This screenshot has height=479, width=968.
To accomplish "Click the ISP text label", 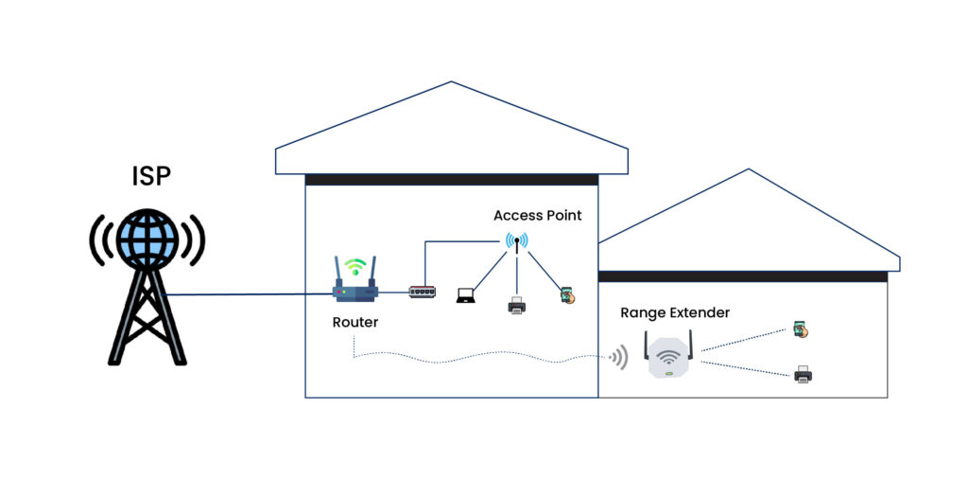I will tap(150, 176).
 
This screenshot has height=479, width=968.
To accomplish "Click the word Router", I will tap(355, 322).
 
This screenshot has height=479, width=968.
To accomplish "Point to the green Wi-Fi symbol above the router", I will tap(354, 267).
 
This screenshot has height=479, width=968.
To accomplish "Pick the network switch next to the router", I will tap(423, 292).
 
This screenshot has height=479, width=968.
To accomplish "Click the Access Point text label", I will tap(537, 216).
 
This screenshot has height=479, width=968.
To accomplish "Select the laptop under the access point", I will tap(467, 296).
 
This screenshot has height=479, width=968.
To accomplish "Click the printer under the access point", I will tap(517, 305).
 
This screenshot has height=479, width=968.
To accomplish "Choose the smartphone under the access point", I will tap(566, 296).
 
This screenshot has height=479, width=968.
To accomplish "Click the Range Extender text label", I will tap(675, 312).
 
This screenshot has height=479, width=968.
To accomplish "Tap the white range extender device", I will tap(669, 358).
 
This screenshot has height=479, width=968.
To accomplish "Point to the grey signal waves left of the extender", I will tap(618, 357).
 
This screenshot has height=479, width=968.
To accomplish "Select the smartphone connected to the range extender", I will tap(802, 330).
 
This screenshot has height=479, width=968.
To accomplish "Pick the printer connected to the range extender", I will tap(803, 374).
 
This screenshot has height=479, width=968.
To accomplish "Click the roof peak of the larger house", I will tap(450, 83).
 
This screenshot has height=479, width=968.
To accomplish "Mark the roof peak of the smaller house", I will tap(749, 171).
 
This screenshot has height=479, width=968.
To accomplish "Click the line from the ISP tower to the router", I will tap(246, 293).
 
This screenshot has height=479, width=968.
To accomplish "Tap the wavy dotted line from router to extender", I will tap(473, 359).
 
